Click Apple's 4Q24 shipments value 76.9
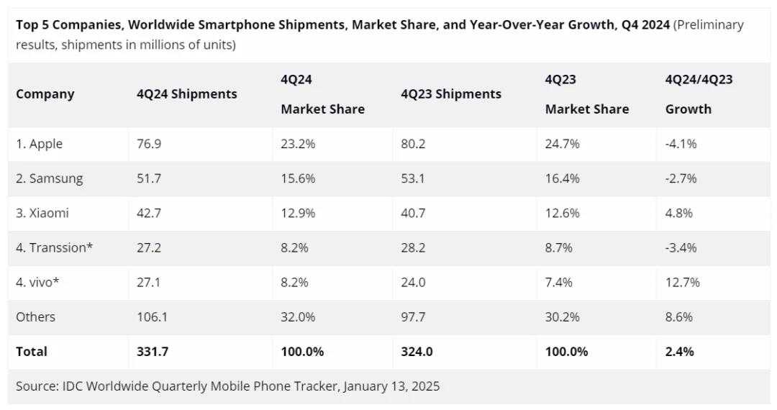tap(148, 144)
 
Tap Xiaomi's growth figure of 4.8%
tap(681, 213)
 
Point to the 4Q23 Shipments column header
tap(451, 94)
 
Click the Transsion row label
tap(55, 248)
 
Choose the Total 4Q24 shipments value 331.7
tap(153, 352)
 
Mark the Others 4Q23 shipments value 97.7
tap(413, 317)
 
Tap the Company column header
tap(45, 94)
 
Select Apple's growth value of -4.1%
tap(681, 144)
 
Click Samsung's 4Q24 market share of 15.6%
tap(299, 178)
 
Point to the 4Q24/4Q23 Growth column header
tap(699, 94)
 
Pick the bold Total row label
tap(32, 352)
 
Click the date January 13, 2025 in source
tap(391, 386)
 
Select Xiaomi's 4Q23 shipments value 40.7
tap(413, 213)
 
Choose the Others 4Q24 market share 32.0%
tap(299, 317)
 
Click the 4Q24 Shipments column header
tap(186, 94)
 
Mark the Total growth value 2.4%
tap(681, 352)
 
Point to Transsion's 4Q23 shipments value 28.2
tap(413, 248)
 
